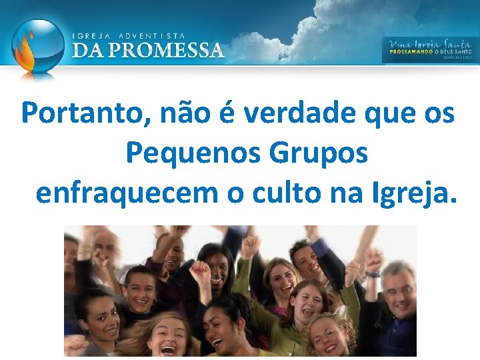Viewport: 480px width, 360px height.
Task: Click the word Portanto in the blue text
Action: click(88, 113)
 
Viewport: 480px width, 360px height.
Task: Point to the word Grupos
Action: click(319, 153)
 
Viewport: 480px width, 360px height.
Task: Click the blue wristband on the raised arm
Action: click(371, 273)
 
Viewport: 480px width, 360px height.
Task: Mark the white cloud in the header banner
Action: click(313, 20)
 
